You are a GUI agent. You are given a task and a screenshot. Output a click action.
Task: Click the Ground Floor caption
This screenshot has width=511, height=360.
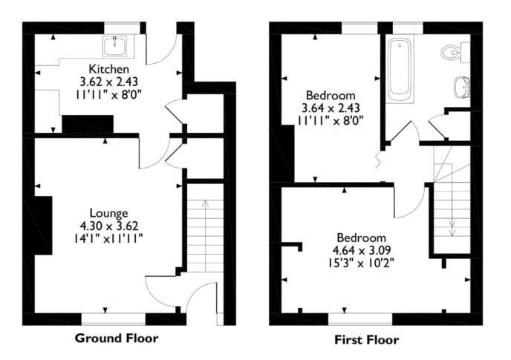[117, 338]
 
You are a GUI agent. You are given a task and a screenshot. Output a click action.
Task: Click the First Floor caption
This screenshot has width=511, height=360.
[366, 340]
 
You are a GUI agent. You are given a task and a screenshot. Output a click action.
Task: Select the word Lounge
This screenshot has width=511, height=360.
[109, 212]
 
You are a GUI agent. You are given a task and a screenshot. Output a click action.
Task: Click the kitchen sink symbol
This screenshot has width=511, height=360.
[114, 47]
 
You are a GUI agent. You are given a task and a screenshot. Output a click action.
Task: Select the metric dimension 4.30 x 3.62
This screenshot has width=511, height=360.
[108, 224]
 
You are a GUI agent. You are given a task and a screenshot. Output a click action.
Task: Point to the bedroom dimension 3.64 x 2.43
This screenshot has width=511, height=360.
[331, 108]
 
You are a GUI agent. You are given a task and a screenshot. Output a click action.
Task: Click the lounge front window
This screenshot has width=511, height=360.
[113, 319]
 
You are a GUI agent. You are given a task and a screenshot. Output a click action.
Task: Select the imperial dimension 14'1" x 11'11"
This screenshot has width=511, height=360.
[108, 237]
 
